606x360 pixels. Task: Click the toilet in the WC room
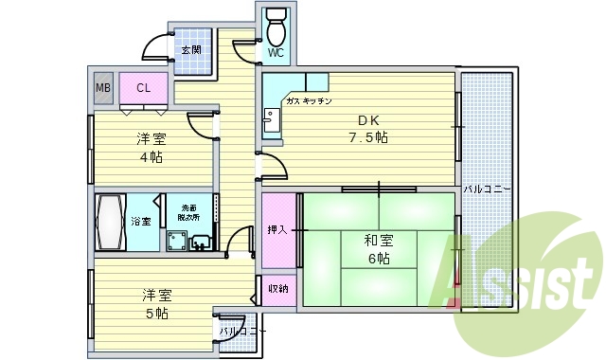coord(276,28)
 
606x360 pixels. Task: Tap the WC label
coord(275,53)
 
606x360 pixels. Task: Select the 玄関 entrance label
coord(190,49)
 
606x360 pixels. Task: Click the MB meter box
coord(102,88)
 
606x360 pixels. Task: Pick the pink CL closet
coord(144,88)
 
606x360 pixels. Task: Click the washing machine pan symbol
coord(175,241)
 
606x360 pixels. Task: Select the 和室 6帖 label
coord(377,248)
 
